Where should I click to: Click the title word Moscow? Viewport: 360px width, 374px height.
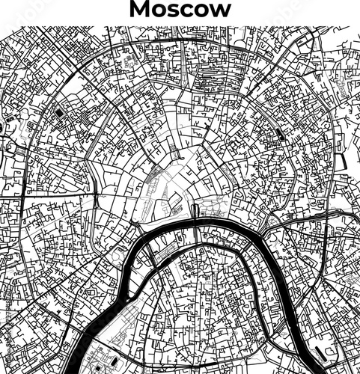pyautogui.click(x=180, y=10)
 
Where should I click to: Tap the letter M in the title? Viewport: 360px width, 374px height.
pyautogui.click(x=140, y=10)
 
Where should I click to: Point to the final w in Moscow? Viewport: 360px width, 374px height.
pyautogui.click(x=219, y=10)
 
